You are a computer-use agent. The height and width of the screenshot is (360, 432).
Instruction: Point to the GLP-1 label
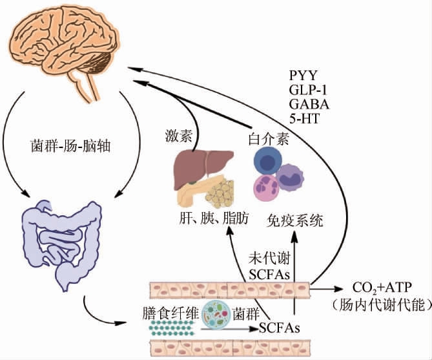[310, 90]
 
